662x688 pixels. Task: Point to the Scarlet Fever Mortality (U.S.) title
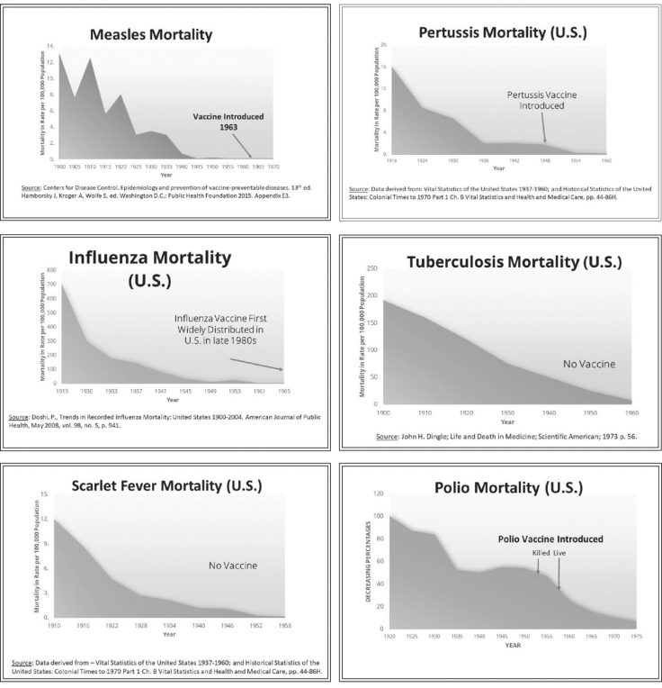(x=166, y=486)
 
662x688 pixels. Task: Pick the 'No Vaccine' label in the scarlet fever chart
(x=233, y=566)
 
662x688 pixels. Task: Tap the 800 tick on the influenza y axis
(x=51, y=270)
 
